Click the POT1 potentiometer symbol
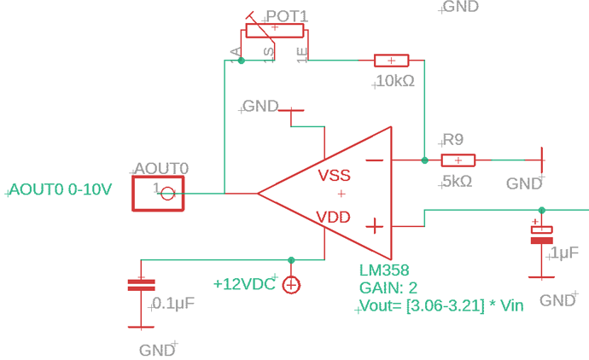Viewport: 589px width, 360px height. point(275,32)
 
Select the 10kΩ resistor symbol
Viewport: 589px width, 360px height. point(392,61)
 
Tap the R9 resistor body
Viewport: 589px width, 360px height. point(458,160)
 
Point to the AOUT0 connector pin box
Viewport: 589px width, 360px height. point(158,193)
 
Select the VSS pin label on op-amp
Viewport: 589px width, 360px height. point(334,176)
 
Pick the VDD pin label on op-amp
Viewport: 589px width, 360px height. point(333,217)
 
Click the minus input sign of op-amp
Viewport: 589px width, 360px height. point(374,160)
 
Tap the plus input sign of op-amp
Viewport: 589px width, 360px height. point(374,226)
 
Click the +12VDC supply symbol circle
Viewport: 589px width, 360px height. point(291,285)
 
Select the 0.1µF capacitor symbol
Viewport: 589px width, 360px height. point(141,285)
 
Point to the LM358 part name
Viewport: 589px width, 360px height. point(384,270)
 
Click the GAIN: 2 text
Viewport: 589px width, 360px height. point(389,287)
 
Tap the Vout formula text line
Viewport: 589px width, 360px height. point(440,305)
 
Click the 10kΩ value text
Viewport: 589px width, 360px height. point(394,82)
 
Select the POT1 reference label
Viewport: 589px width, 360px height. point(287,16)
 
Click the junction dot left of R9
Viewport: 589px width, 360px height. point(424,160)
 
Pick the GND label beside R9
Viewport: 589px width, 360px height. point(524,183)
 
